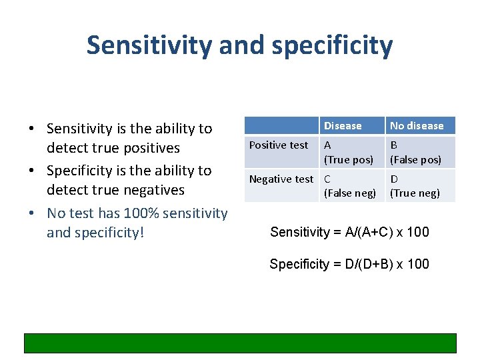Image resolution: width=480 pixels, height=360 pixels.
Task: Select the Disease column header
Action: (342, 125)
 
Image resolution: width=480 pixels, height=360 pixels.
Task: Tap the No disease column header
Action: (417, 125)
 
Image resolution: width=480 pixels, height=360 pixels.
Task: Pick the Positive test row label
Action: (279, 145)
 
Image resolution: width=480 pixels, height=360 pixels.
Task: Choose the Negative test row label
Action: (281, 179)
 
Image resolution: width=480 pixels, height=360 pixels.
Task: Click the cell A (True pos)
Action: (348, 153)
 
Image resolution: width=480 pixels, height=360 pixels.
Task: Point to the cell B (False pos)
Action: (415, 153)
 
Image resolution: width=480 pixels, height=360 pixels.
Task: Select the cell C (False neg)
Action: (349, 186)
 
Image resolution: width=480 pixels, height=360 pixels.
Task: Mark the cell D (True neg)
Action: (415, 186)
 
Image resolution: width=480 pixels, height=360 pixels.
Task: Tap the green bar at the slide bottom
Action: (240, 343)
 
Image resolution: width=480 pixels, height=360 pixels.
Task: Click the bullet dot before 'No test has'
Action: (31, 214)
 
